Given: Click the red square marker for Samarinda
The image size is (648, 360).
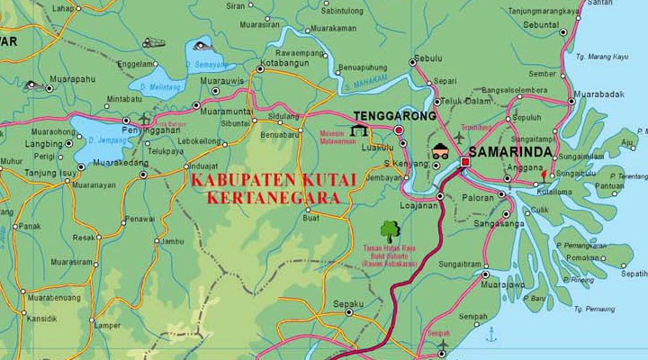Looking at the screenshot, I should point(464,162).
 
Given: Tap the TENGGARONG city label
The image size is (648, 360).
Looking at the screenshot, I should point(394,115).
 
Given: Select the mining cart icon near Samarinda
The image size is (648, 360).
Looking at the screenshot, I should point(441,150).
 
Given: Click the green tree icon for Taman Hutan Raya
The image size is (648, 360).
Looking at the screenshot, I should point(390,229).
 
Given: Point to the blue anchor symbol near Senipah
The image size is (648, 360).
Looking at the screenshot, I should point(491,334).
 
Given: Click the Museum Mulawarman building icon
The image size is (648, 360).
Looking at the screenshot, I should point(360,130).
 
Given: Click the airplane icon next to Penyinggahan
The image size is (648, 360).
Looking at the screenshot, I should point(144,118).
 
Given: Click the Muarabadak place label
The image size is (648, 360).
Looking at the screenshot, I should point(598,93).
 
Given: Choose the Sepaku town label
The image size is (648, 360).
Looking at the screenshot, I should point(347,303).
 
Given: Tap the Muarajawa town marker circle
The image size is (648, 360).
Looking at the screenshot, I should point(485,274).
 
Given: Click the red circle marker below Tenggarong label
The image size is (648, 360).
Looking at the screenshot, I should point(399,130).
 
